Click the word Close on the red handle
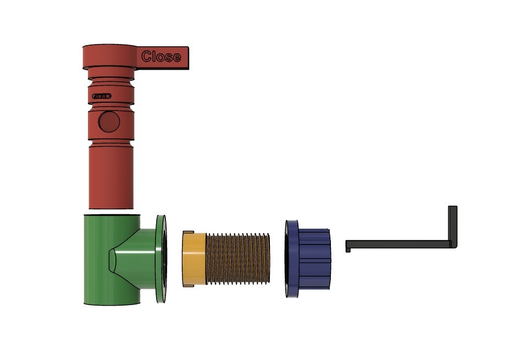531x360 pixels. click(x=161, y=57)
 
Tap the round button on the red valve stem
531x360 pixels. click(x=108, y=121)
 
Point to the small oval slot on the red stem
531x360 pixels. click(x=102, y=96)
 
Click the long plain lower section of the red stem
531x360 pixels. click(x=110, y=179)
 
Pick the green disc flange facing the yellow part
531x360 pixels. click(x=161, y=259)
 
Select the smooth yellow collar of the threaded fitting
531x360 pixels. click(x=194, y=259)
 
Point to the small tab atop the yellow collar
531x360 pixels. click(x=187, y=232)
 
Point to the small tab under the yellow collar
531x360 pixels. click(x=187, y=286)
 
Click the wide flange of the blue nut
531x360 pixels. click(x=291, y=259)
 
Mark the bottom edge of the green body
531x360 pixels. click(x=111, y=303)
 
